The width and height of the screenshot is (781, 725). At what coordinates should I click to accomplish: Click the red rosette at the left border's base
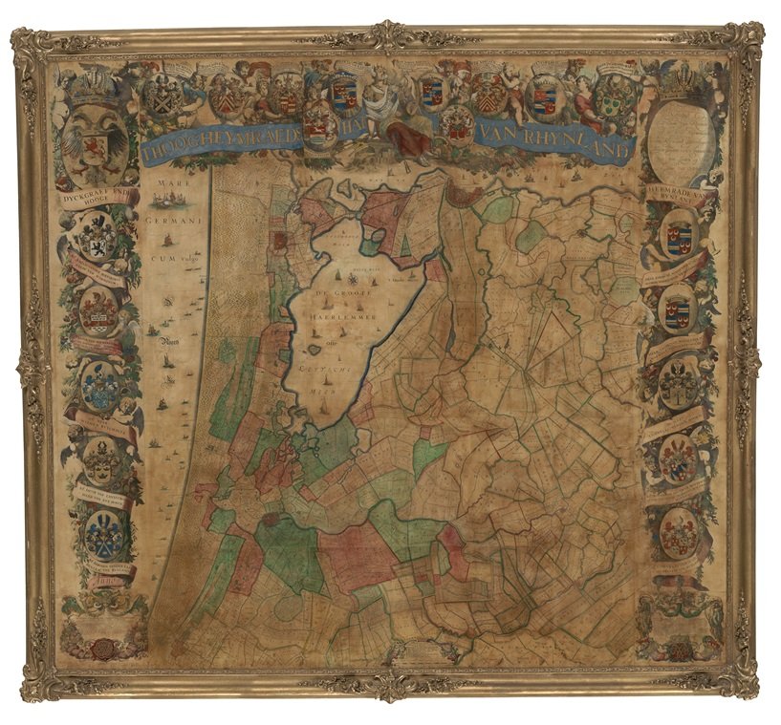coord(96,650)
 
